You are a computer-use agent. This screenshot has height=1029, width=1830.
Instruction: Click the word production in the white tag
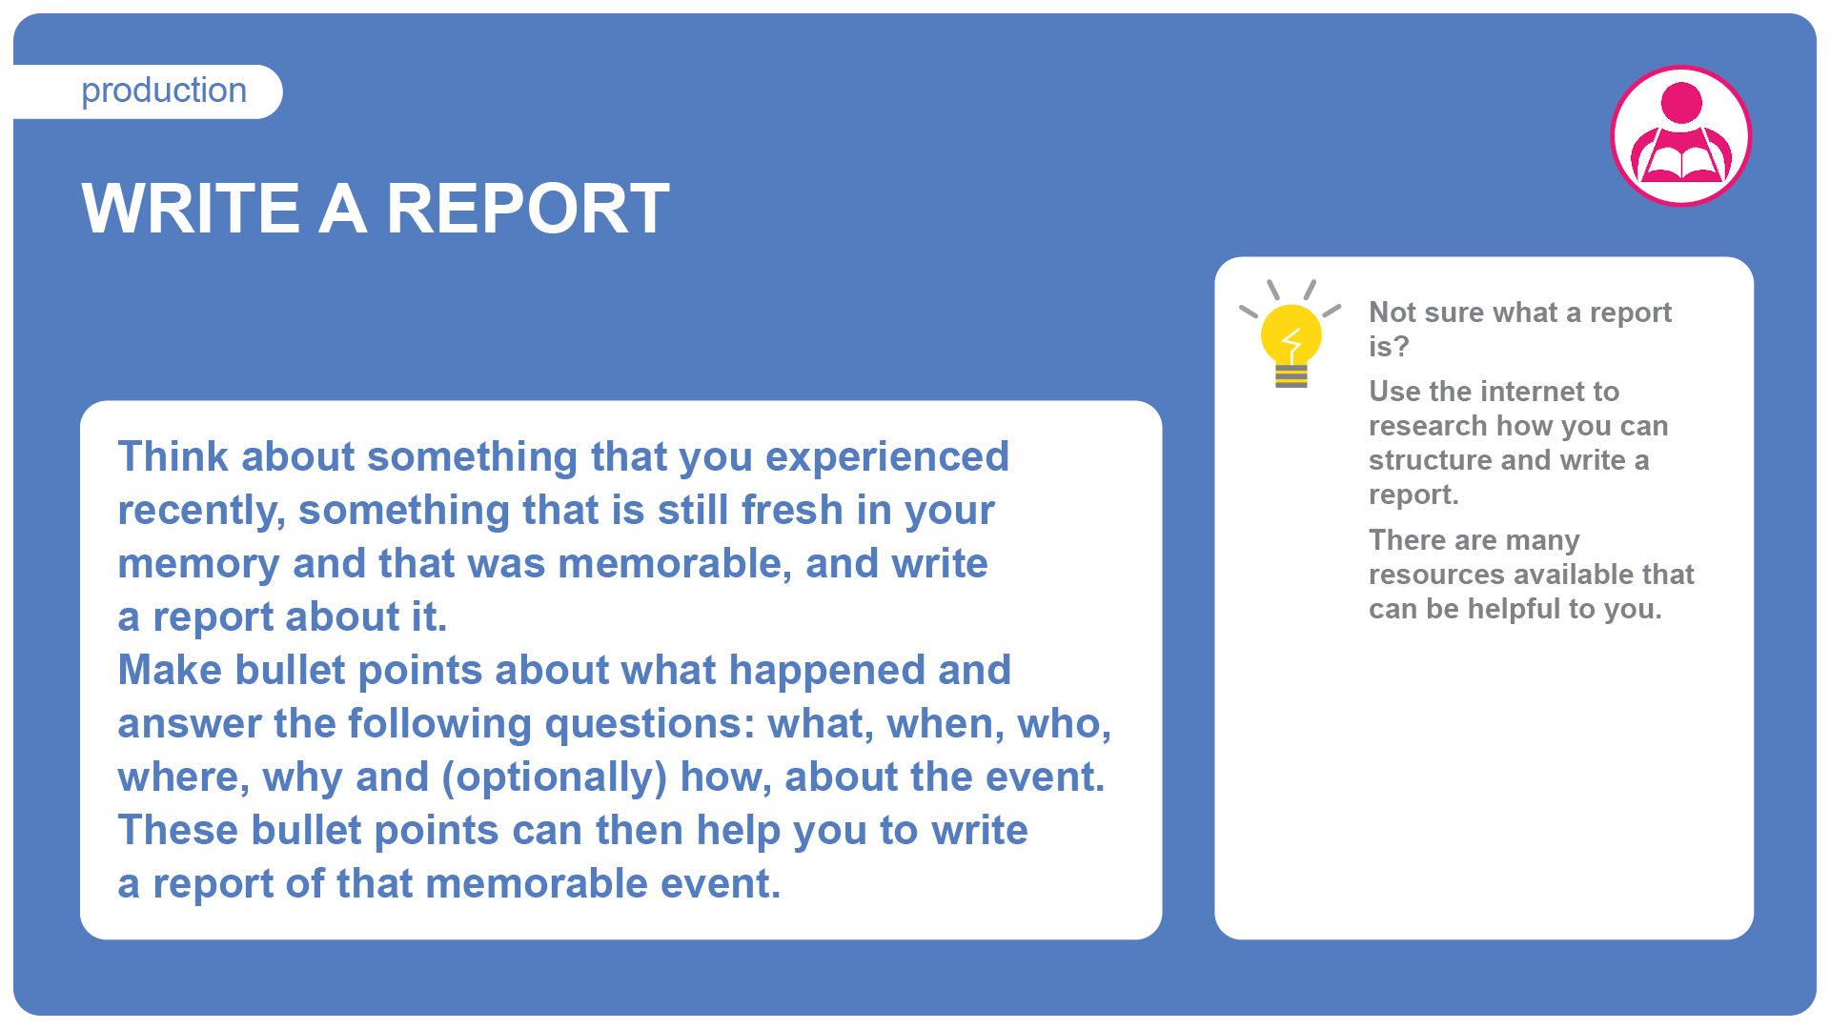164,91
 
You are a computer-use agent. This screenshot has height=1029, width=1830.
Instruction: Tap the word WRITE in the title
191,208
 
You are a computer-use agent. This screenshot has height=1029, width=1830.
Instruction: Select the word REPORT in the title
528,208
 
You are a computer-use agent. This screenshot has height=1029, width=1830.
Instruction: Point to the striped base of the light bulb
1291,376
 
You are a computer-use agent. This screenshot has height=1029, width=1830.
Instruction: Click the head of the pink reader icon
1681,103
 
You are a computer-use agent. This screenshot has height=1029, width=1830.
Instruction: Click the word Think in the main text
173,456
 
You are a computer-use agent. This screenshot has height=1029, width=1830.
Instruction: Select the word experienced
887,458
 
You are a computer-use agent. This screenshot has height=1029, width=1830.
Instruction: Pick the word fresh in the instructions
792,510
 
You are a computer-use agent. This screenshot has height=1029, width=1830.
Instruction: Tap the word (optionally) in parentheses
555,778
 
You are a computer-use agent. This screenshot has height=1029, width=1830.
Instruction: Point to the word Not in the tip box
1393,313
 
